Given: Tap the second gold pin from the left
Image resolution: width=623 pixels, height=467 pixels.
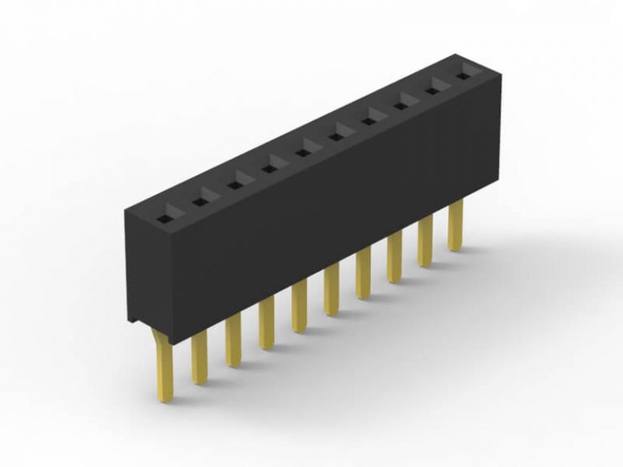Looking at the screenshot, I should click(199, 358).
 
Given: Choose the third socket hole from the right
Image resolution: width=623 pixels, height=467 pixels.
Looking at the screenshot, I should click(402, 105).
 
